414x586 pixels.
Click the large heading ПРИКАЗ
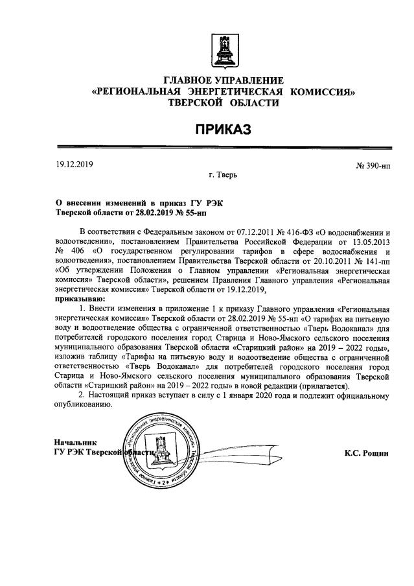coord(224,131)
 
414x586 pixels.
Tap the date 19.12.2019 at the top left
coord(75,164)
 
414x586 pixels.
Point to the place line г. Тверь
coord(223,175)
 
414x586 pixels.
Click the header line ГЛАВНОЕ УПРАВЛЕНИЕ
coord(224,80)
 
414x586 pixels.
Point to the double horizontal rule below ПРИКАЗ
coord(224,148)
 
